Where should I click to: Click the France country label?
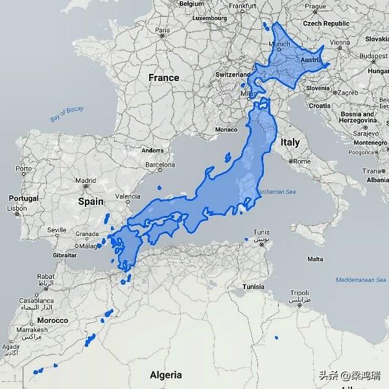click(x=163, y=78)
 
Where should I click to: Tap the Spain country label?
click(x=91, y=201)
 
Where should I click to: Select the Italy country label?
click(x=290, y=141)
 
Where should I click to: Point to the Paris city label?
click(x=162, y=29)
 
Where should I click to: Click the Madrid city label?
click(x=86, y=181)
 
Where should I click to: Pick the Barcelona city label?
click(x=160, y=165)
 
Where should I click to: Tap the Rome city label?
click(x=302, y=161)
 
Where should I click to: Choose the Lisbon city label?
click(x=18, y=209)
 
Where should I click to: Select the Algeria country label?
click(x=166, y=375)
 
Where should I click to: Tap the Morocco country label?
click(x=52, y=320)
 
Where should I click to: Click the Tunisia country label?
click(x=252, y=287)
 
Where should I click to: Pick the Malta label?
click(x=315, y=259)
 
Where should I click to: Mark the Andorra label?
click(x=153, y=150)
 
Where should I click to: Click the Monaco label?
click(x=226, y=129)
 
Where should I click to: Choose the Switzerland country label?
click(x=233, y=75)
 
